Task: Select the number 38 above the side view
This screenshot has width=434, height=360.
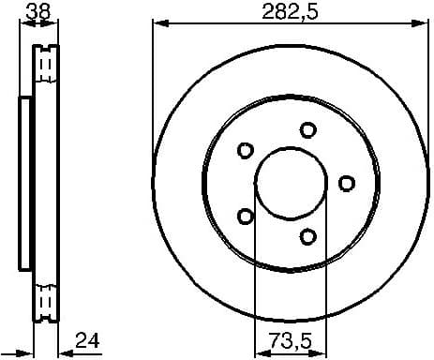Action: click(37, 10)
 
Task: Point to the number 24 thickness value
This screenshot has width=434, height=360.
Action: click(87, 338)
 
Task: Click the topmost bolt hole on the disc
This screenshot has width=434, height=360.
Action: click(307, 129)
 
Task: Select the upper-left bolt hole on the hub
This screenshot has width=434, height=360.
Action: click(246, 150)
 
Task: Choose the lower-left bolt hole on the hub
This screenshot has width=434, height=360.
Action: click(246, 216)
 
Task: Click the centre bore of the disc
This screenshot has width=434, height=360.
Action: click(290, 183)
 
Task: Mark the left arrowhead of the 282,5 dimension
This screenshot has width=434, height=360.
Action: click(157, 22)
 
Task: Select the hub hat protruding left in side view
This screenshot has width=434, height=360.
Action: click(25, 183)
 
